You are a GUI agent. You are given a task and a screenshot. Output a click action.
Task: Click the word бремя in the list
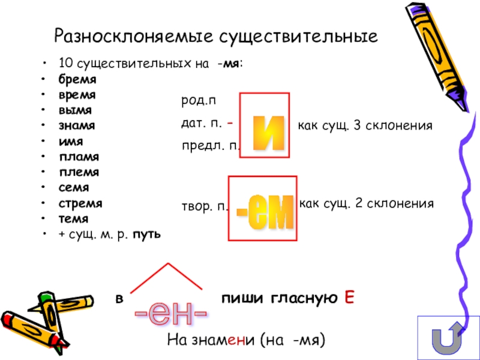[77, 79]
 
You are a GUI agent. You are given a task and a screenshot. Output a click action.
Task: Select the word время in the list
[77, 95]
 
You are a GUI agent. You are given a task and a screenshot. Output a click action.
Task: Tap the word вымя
[75, 110]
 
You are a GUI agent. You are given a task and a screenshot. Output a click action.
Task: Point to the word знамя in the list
[76, 126]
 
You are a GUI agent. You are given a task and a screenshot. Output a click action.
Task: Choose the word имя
[71, 142]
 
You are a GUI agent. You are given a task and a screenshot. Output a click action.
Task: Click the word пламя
[79, 157]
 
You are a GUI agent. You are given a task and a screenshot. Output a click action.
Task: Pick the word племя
[79, 173]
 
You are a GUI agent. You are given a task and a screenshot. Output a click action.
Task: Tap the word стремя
[80, 204]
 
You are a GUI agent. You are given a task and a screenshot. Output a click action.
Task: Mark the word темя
[73, 219]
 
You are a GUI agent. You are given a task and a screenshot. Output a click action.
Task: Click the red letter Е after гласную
[349, 298]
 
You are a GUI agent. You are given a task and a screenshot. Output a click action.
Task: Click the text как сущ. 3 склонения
[365, 127]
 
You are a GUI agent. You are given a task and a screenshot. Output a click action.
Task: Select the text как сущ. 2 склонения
[366, 204]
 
